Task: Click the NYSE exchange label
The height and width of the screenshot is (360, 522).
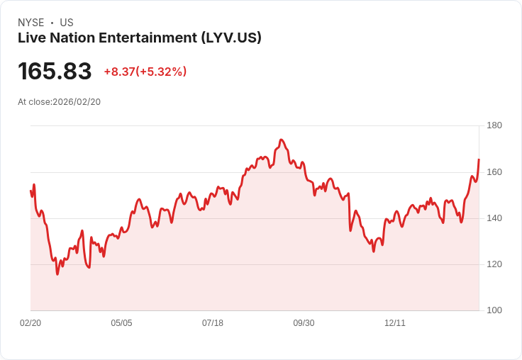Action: click(31, 23)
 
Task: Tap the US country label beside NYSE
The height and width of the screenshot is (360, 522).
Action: click(67, 23)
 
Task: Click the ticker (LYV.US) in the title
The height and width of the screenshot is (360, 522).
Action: click(230, 38)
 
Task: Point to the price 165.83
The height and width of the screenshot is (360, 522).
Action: click(55, 72)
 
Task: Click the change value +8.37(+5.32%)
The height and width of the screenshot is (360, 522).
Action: click(145, 72)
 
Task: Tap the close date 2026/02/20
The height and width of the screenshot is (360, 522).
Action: click(77, 102)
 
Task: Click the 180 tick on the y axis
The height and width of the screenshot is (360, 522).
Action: click(494, 125)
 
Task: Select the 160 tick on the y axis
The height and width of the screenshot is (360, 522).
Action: click(494, 172)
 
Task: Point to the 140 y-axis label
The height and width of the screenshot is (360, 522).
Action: click(494, 218)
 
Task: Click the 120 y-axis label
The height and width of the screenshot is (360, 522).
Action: click(494, 264)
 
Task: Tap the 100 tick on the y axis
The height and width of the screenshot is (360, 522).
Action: click(494, 310)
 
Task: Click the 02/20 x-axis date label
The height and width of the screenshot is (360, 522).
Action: click(30, 323)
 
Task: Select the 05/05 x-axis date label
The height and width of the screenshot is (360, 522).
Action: click(121, 323)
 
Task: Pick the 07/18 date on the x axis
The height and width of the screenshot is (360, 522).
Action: click(213, 323)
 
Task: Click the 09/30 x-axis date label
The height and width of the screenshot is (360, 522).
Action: click(304, 323)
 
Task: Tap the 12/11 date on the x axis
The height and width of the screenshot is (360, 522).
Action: click(395, 323)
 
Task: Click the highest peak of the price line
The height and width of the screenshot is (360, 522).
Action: click(282, 140)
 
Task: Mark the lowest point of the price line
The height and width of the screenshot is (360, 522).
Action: click(57, 274)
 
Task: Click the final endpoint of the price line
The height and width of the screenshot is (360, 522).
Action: click(479, 159)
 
